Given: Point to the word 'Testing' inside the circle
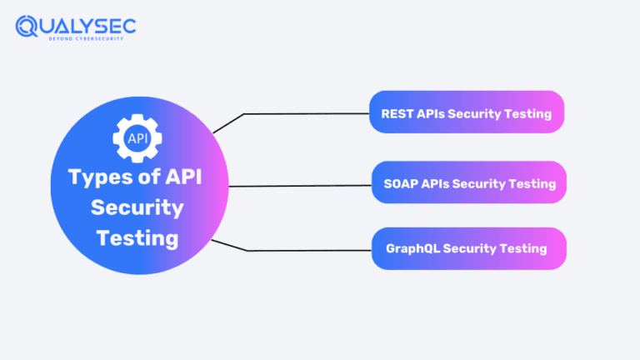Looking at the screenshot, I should (137, 238).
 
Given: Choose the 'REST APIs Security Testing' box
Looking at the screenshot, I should (467, 112).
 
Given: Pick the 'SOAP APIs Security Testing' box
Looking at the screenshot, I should (469, 182).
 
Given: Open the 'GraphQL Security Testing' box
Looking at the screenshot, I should (468, 248).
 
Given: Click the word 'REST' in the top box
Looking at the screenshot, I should (397, 113).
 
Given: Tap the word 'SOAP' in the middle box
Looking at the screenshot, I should (400, 183).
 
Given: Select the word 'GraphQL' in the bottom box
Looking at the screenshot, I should (412, 248).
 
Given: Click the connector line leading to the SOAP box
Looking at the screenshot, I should (300, 186).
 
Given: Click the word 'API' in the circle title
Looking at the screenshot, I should (184, 177).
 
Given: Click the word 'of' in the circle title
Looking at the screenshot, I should (146, 177).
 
